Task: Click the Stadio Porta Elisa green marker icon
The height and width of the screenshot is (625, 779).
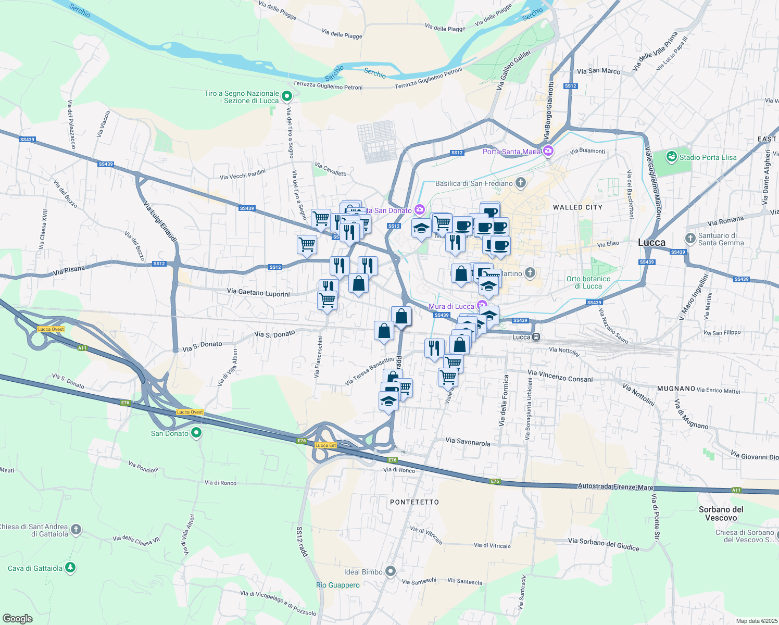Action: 671,156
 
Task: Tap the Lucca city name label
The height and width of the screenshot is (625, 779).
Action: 651,242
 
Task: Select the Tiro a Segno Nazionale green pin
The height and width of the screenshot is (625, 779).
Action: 286,96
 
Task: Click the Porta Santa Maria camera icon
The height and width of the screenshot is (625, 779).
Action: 548,151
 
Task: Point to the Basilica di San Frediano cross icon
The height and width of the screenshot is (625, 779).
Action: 521,183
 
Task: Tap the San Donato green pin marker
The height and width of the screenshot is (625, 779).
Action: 196,432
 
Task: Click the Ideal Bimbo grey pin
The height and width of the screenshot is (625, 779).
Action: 391,571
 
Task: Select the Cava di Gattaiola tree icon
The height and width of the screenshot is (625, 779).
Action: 70,568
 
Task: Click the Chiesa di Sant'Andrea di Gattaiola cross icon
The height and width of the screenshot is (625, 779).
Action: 76,530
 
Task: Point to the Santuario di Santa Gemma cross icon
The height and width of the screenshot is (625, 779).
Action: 690,239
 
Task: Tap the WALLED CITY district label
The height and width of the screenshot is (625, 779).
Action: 577,207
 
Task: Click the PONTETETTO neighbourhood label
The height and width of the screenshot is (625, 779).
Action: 414,502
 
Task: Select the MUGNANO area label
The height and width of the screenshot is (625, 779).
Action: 676,389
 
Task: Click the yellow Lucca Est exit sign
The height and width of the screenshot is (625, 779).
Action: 325,445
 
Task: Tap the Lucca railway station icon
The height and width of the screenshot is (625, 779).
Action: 536,337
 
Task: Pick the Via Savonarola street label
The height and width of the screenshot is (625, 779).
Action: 468,442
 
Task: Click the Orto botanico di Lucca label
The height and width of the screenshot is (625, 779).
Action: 588,282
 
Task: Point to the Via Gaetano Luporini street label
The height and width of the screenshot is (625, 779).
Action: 258,293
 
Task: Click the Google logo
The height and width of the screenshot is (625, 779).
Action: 18,618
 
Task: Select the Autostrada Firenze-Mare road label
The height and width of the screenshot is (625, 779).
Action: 615,486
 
